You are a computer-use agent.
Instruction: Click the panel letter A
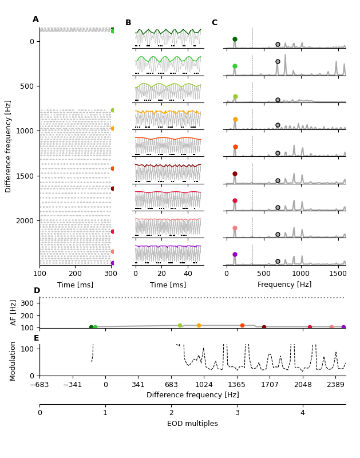tap(35, 19)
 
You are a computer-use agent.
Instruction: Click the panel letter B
tap(128, 23)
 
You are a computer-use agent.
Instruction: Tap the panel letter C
tap(215, 23)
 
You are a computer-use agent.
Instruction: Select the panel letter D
tap(37, 291)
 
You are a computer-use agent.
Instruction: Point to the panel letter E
tap(36, 338)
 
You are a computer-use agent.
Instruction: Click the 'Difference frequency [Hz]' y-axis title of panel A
tap(9, 146)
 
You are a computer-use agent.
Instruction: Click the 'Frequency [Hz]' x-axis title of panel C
tap(284, 285)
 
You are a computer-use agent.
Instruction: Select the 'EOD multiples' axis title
tap(192, 424)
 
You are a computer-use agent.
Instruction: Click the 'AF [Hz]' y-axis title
tap(14, 313)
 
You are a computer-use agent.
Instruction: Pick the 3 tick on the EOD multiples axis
tap(237, 413)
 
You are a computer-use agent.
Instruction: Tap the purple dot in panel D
tap(343, 327)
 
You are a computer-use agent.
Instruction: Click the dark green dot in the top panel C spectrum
tap(235, 40)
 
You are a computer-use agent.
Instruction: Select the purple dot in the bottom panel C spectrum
tap(235, 255)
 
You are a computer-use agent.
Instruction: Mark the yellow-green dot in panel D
tap(180, 326)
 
